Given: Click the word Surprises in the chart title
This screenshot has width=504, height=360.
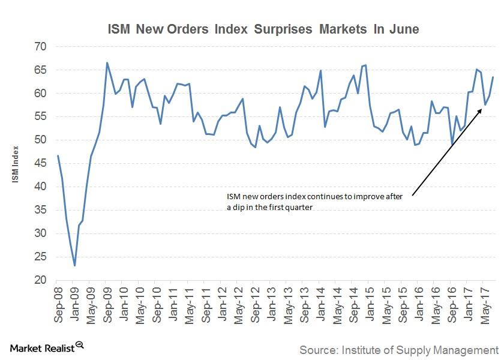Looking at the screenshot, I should (x=278, y=29).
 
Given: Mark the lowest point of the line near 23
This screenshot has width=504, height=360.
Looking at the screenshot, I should (x=75, y=265).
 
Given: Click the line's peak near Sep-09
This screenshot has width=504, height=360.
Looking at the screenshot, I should (x=107, y=62).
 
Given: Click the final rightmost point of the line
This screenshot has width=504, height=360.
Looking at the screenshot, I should (x=493, y=77).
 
